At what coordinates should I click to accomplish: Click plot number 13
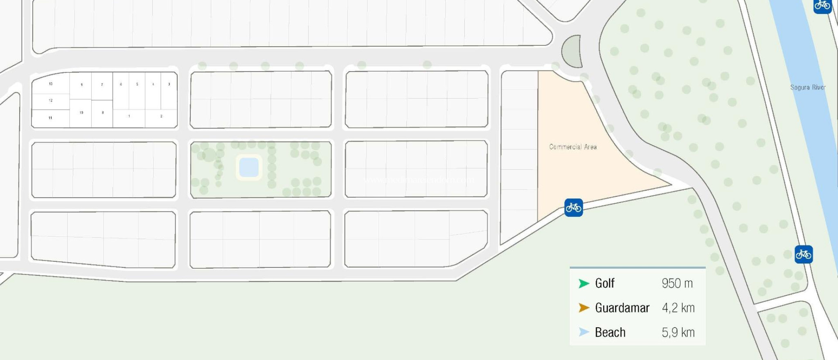point(51,84)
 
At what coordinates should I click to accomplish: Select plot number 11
point(50,118)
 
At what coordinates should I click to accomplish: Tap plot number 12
point(51,100)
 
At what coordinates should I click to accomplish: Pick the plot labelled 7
point(102,85)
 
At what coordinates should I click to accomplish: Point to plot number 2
point(161,116)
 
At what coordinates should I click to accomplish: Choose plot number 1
point(129,116)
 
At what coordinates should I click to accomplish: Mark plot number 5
point(137,84)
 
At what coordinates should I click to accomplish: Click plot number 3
point(169,84)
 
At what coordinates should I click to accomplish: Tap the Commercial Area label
point(573,147)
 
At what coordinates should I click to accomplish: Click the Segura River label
point(808,87)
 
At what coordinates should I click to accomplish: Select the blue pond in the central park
point(249,167)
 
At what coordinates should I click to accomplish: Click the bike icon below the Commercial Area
point(573,208)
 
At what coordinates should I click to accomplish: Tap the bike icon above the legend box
point(804,254)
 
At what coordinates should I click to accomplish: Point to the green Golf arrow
point(584,283)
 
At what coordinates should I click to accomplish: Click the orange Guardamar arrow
point(584,308)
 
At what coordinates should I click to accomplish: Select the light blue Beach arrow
point(584,332)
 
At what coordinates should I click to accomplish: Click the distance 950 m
point(677,283)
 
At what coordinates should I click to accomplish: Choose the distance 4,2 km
point(678,308)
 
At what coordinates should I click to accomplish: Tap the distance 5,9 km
point(678,332)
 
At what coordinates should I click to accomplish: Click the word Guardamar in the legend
point(622,308)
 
